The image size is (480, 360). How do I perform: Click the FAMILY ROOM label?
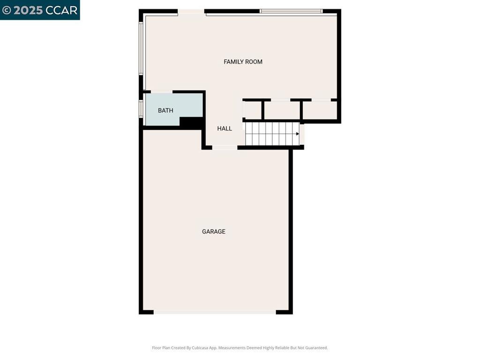click(243, 62)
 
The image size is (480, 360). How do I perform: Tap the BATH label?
click(165, 111)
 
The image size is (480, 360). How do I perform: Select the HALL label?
click(225, 128)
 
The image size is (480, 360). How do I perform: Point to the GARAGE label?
click(214, 232)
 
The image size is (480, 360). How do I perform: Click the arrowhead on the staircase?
click(297, 134)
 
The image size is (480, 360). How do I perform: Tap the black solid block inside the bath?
click(190, 122)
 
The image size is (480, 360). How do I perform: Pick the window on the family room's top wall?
click(291, 11)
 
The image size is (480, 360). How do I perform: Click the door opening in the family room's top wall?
click(191, 11)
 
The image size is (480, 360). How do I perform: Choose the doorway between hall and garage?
click(225, 148)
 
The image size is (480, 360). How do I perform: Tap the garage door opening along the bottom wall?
click(215, 312)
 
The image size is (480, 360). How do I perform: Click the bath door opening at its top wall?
click(162, 92)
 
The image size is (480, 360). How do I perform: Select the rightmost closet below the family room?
click(320, 111)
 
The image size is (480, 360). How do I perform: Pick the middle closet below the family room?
click(282, 111)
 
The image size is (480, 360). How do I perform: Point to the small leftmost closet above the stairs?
click(253, 111)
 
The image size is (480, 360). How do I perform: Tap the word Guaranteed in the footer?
click(315, 348)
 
